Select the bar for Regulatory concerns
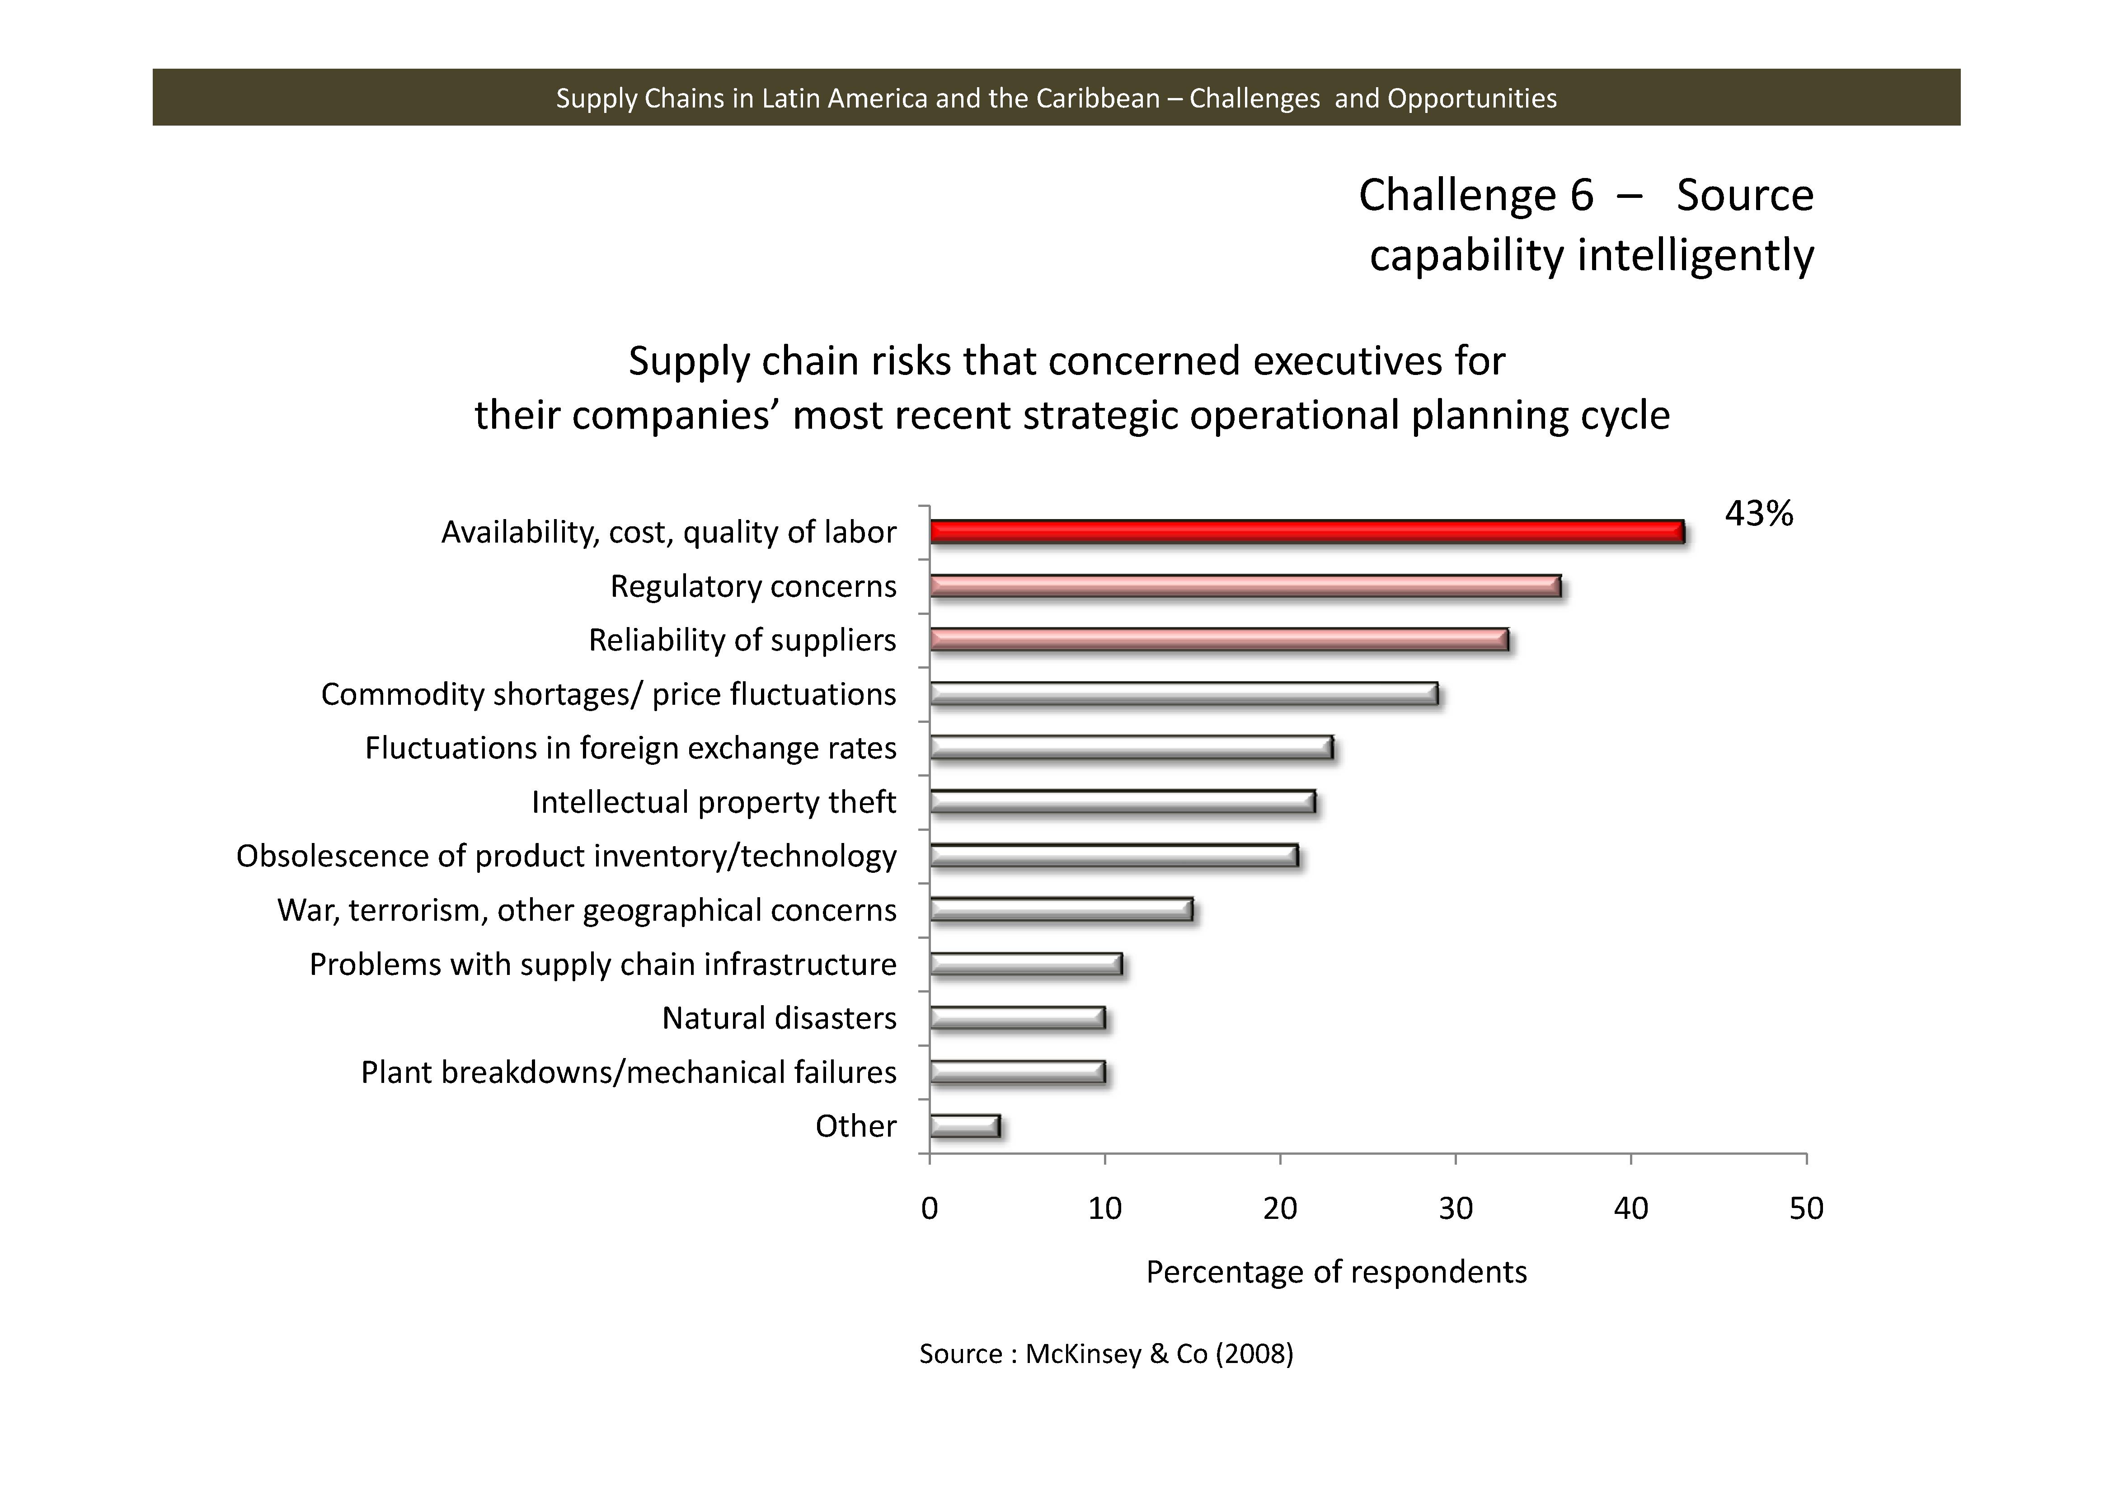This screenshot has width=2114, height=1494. [x=1245, y=586]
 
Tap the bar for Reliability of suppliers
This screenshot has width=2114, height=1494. [x=1218, y=640]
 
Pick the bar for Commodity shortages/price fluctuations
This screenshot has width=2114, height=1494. [x=1183, y=694]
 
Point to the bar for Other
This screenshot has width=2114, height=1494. [x=964, y=1126]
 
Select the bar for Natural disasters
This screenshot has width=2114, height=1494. [x=1016, y=1018]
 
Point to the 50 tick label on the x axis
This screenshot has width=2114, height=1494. [x=1805, y=1208]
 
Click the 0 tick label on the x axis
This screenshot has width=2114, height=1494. [x=930, y=1208]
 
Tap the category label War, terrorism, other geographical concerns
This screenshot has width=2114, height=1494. [x=587, y=910]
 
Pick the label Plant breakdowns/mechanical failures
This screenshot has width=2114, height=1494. [x=628, y=1072]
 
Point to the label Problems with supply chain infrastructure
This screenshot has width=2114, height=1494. [x=602, y=965]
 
